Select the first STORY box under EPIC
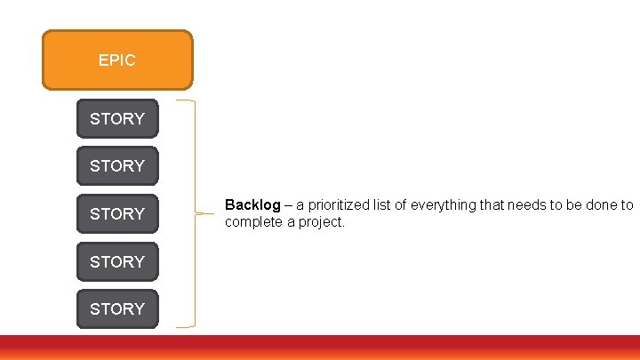click(x=116, y=118)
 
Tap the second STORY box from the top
click(x=116, y=166)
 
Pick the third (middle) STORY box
click(x=116, y=214)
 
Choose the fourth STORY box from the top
click(x=116, y=262)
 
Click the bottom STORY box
click(x=116, y=309)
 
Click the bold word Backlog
click(x=252, y=205)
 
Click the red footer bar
click(x=320, y=348)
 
